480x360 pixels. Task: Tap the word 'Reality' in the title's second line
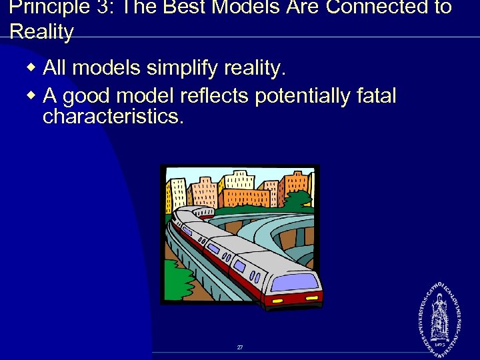[x=41, y=32]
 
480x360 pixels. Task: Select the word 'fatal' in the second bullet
[x=373, y=96]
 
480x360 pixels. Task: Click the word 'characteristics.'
[x=113, y=117]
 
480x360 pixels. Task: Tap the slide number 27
[x=240, y=347]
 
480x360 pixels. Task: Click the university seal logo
[x=439, y=313]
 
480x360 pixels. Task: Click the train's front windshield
[x=292, y=281]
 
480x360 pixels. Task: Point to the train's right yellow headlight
[x=314, y=295]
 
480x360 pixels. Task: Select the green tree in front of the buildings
[x=297, y=200]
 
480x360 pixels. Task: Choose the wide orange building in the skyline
[x=245, y=197]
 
